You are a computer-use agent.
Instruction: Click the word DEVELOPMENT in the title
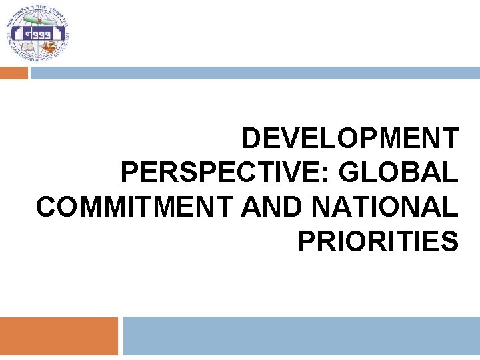point(349,139)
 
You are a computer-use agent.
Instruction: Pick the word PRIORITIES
point(377,241)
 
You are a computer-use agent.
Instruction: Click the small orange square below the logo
point(14,73)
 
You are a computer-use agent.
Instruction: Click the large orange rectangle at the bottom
point(59,336)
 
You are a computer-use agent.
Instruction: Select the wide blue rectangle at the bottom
point(301,336)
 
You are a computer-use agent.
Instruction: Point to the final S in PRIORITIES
point(450,241)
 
